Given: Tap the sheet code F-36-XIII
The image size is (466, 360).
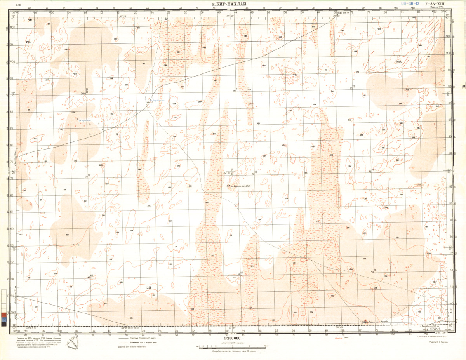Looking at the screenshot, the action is [435, 4].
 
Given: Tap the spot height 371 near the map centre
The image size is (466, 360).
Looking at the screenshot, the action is [229, 186].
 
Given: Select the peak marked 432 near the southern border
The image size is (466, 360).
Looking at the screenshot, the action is [365, 322].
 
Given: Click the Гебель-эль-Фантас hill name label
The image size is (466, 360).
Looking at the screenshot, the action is [380, 322].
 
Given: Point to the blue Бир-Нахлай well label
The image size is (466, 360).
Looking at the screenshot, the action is [158, 101].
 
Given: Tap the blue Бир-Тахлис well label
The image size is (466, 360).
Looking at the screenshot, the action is [85, 121].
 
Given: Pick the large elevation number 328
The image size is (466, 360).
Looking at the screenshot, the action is [148, 288].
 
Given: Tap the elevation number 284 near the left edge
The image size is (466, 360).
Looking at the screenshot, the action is [28, 42].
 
